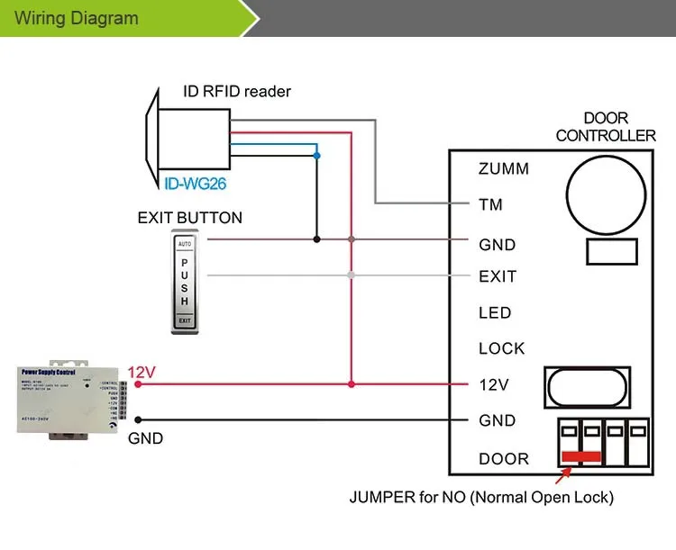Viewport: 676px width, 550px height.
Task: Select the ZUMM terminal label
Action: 504,168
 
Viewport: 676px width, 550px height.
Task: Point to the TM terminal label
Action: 490,204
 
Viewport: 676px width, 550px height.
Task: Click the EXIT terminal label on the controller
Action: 498,276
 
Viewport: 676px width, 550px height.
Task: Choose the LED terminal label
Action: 495,312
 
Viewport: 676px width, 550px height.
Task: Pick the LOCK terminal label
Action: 501,348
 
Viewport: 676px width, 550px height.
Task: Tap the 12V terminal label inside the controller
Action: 494,384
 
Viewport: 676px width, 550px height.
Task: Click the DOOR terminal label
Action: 504,459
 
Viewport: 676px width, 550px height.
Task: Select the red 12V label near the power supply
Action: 142,372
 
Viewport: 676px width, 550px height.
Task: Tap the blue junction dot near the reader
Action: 316,155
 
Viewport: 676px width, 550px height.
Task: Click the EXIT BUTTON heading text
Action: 189,218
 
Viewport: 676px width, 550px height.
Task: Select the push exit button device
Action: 184,282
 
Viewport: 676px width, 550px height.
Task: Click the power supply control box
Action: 69,401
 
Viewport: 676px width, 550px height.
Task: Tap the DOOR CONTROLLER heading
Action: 606,127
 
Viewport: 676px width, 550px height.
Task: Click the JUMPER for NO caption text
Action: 482,496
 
